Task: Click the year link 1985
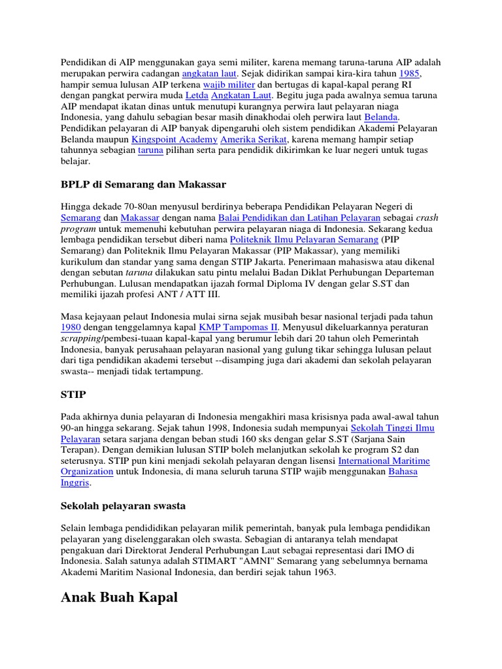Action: coord(409,74)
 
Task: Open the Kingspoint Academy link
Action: coord(174,140)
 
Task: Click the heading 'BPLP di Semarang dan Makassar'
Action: coord(143,184)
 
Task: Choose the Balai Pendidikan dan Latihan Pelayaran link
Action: coord(299,218)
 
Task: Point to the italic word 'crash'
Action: coord(428,218)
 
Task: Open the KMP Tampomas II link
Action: coord(239,327)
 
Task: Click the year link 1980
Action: coord(71,327)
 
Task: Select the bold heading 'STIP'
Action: coord(73,395)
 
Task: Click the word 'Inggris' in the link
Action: coord(75,483)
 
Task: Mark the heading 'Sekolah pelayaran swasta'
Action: coord(124,505)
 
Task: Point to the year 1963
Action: coord(324,572)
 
